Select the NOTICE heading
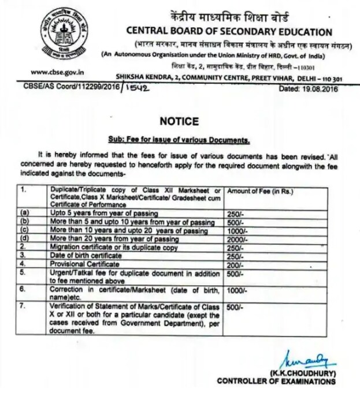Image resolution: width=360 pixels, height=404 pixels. point(180,121)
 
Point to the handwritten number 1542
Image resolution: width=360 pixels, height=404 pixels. point(138,89)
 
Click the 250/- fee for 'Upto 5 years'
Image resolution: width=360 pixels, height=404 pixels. point(235,214)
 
